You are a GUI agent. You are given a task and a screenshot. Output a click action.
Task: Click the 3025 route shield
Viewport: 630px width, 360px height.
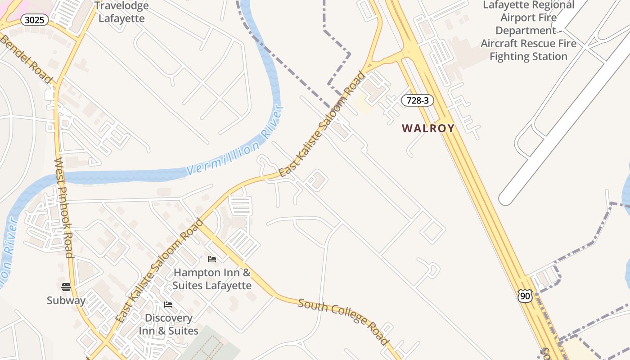(x=35, y=19)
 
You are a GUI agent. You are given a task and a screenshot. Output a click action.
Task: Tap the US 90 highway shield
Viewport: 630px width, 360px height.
(x=525, y=296)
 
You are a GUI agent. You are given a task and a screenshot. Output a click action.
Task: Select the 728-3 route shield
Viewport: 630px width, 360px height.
(x=417, y=100)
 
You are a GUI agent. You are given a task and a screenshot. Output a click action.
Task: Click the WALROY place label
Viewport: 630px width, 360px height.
(x=428, y=128)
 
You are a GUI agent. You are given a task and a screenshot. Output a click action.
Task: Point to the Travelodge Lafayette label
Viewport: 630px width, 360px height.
(x=121, y=12)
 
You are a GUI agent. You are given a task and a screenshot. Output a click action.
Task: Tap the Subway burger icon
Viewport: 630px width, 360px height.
(x=66, y=287)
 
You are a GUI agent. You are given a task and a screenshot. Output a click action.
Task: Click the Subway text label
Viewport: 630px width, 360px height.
(x=66, y=300)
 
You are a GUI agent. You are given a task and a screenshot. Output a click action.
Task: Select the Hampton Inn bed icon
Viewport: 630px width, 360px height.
(x=211, y=259)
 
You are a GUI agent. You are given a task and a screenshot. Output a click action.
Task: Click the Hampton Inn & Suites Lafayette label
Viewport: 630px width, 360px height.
(x=212, y=279)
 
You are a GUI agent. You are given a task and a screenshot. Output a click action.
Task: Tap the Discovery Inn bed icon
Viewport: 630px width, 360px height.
(x=168, y=305)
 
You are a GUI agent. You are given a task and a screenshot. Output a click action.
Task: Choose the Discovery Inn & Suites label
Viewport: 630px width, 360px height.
(x=168, y=324)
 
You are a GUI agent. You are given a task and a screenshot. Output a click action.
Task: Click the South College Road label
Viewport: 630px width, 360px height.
(x=344, y=321)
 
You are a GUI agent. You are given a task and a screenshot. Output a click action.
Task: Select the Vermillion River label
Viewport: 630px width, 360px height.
(x=235, y=141)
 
